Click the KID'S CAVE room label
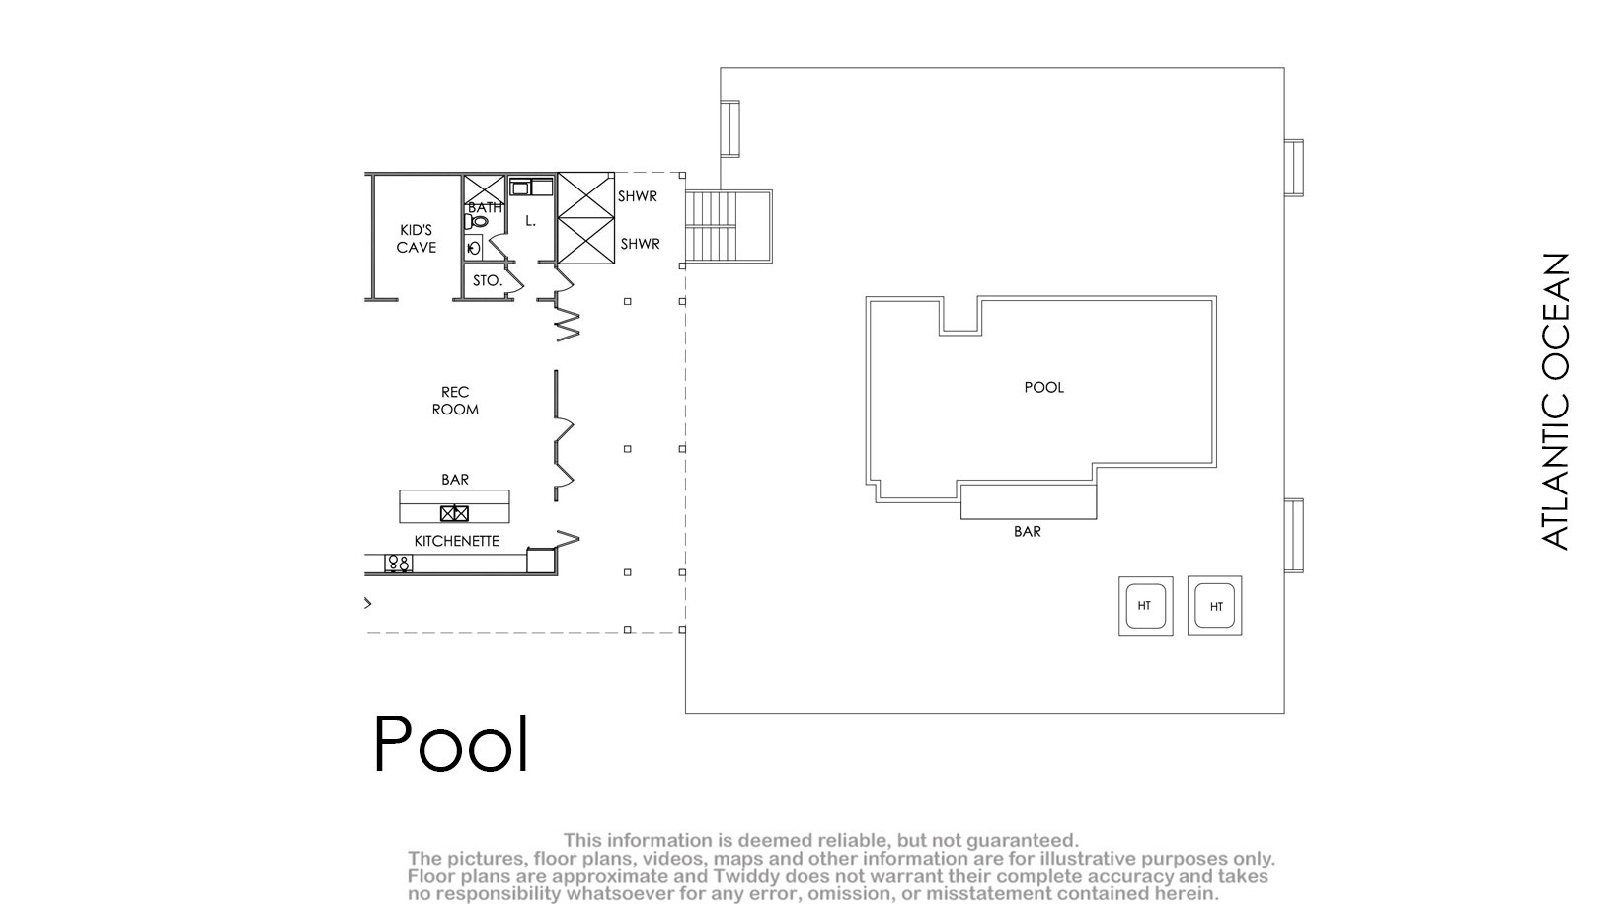pyautogui.click(x=417, y=239)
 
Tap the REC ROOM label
pyautogui.click(x=455, y=401)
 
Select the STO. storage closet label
pyautogui.click(x=487, y=280)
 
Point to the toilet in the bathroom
pyautogui.click(x=476, y=221)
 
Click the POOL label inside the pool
pyautogui.click(x=1043, y=387)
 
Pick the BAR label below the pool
pyautogui.click(x=1027, y=532)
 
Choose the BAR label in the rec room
pyautogui.click(x=455, y=479)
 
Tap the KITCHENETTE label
pyautogui.click(x=457, y=541)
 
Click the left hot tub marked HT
pyautogui.click(x=1146, y=606)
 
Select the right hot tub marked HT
pyautogui.click(x=1215, y=606)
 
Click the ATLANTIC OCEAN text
pyautogui.click(x=1555, y=402)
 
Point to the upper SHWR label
pyautogui.click(x=638, y=195)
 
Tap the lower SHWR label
pyautogui.click(x=640, y=244)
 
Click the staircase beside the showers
pyautogui.click(x=729, y=227)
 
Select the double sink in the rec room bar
pyautogui.click(x=454, y=513)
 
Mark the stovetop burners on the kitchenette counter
pyautogui.click(x=399, y=564)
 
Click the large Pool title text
pyautogui.click(x=451, y=743)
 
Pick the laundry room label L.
pyautogui.click(x=530, y=221)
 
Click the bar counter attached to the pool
pyautogui.click(x=1029, y=501)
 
